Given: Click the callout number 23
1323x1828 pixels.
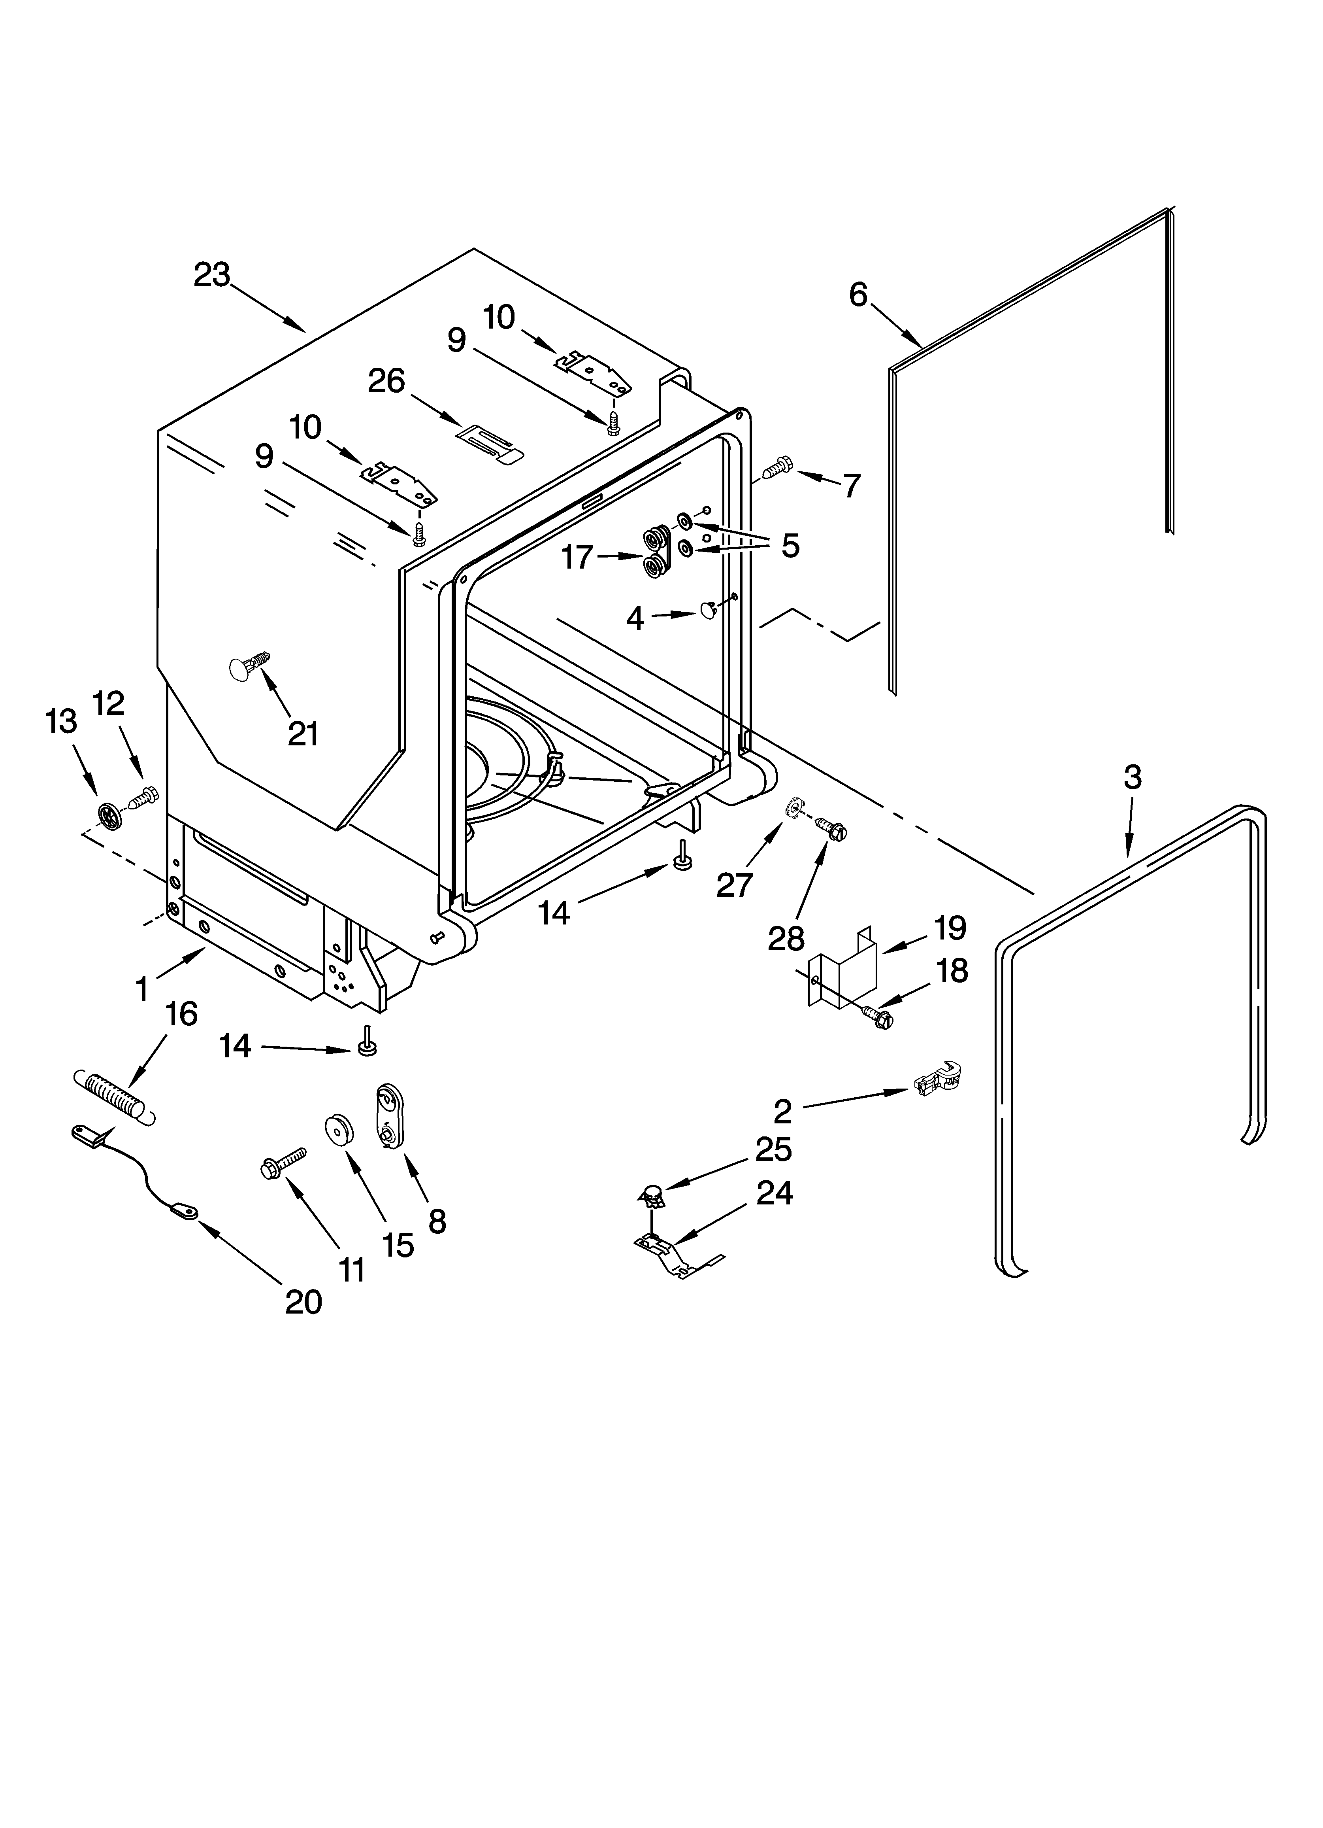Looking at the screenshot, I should tap(212, 276).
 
